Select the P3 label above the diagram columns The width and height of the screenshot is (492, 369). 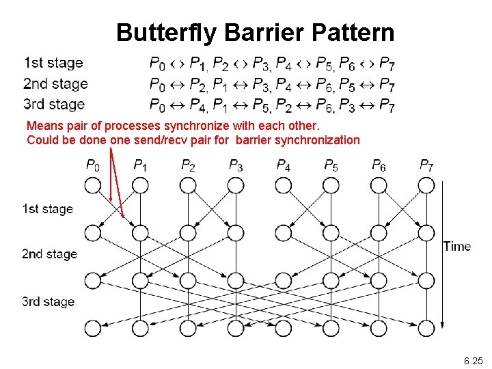click(x=236, y=165)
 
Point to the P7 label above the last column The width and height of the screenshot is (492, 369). click(x=426, y=165)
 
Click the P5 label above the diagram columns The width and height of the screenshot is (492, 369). click(x=331, y=165)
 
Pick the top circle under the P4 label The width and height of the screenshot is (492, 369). click(x=283, y=185)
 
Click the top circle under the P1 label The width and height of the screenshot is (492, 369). click(x=140, y=185)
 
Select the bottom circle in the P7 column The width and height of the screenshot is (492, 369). click(x=426, y=328)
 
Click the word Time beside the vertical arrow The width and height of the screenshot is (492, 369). click(x=456, y=246)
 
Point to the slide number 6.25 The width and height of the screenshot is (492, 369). click(x=472, y=360)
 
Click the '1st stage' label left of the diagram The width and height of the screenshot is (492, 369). click(x=48, y=208)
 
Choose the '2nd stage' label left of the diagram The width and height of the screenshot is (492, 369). click(x=49, y=254)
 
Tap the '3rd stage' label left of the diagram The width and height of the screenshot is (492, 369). click(x=48, y=301)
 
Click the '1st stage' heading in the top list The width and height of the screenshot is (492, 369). click(x=53, y=63)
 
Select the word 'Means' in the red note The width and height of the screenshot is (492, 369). click(x=44, y=126)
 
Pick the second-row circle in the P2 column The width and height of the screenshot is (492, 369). click(x=188, y=233)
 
